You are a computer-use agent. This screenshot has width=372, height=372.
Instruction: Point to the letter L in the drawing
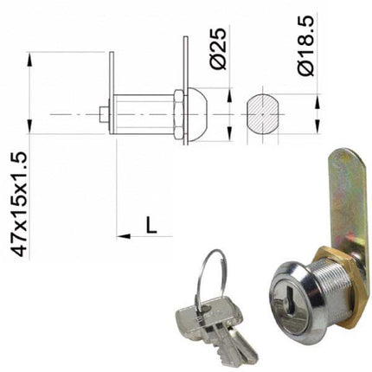pyautogui.click(x=150, y=225)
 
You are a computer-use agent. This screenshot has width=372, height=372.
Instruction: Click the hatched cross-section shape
pyautogui.click(x=263, y=114)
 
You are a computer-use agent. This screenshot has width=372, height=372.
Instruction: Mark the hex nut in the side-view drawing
pyautogui.click(x=176, y=114)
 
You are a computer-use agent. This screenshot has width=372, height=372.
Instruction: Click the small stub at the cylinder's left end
pyautogui.click(x=104, y=114)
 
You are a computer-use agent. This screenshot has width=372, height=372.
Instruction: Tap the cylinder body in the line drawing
pyautogui.click(x=143, y=114)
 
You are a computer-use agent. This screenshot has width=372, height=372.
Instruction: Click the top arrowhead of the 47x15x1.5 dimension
pyautogui.click(x=30, y=58)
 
